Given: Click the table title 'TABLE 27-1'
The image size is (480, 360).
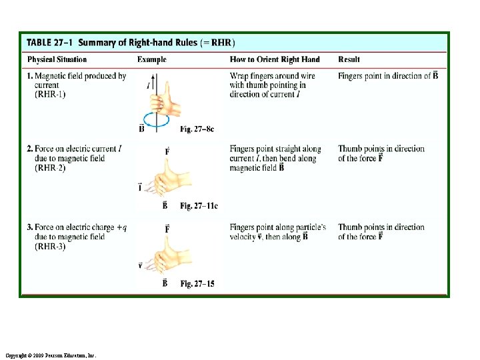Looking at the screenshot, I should coord(50,43).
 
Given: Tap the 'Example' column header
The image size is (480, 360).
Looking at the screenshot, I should coord(152,60).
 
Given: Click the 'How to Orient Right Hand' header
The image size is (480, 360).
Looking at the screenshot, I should coord(274,60).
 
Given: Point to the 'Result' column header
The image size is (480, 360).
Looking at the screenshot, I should coord(350,60).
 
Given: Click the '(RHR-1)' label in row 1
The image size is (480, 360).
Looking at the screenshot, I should coord(50,95).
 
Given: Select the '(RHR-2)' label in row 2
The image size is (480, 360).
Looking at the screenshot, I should coord(50,168).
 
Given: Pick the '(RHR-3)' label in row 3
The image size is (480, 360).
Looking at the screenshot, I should coord(50,247).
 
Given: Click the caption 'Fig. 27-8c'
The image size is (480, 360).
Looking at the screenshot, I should coord(197,129).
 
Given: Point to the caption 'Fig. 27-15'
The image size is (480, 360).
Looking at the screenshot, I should coord(197,284).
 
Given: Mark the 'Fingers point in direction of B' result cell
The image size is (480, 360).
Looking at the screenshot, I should coord(388,76).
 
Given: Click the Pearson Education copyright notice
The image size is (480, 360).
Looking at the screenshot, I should coord(50,356).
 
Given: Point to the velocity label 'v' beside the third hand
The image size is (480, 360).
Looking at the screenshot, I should coord(140,265).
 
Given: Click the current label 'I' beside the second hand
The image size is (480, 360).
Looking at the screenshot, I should coord(140,189).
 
